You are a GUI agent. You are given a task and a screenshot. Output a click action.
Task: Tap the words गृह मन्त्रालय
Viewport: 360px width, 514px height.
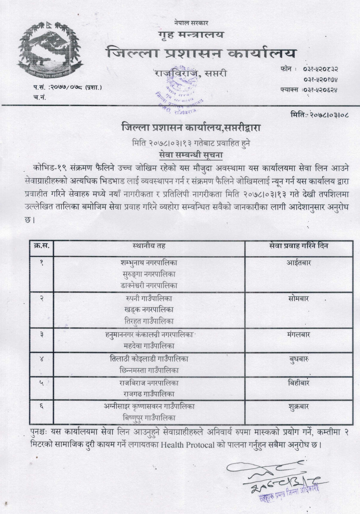click(191, 35)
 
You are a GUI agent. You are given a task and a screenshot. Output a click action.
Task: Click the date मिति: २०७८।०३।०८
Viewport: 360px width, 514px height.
click(319, 114)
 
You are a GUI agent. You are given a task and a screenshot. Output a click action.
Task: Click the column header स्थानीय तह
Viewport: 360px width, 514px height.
click(149, 246)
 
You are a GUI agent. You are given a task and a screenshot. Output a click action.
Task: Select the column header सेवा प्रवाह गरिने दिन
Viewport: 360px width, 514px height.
click(298, 246)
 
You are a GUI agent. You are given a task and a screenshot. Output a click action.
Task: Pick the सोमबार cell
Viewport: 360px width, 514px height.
click(298, 299)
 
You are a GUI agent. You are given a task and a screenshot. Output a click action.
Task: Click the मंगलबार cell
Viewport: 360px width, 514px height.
click(298, 335)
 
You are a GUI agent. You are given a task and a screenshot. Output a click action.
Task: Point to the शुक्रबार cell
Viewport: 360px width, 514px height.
click(298, 407)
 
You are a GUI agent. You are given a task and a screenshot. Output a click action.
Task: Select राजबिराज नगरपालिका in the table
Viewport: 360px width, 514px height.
click(149, 383)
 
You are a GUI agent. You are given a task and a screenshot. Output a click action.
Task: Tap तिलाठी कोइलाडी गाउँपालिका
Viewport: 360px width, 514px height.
click(149, 359)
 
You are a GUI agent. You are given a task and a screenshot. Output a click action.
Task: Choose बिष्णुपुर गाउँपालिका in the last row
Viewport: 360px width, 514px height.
click(149, 417)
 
